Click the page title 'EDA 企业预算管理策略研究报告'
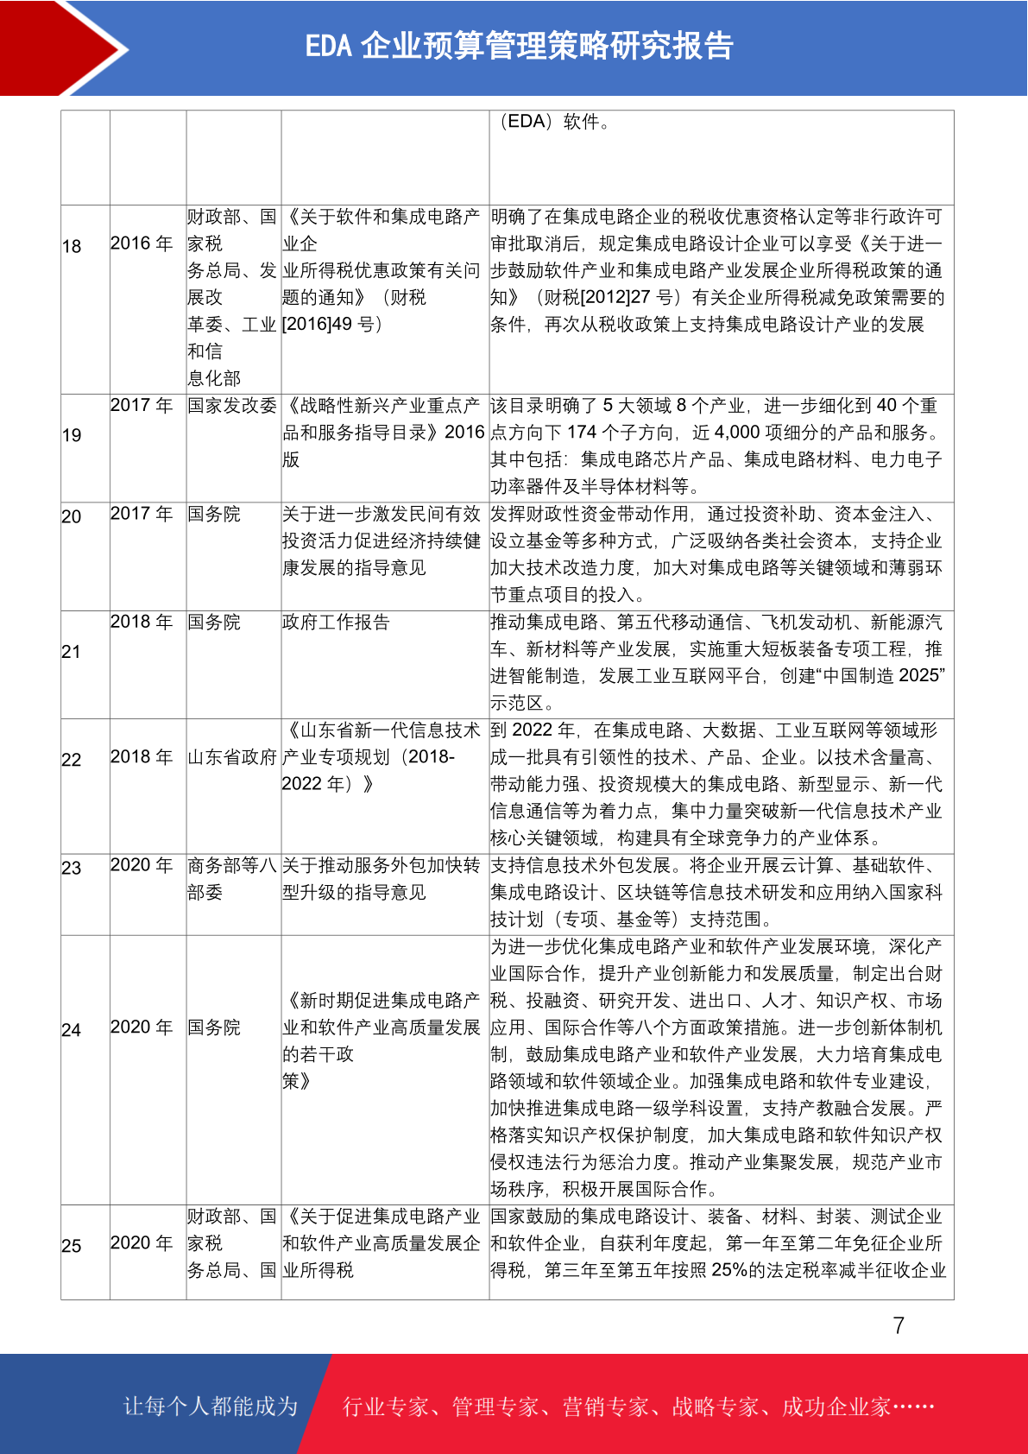click(x=519, y=46)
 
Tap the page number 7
click(x=899, y=1325)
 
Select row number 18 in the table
click(x=72, y=247)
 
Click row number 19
click(x=72, y=435)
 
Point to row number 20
click(x=72, y=516)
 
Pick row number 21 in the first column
click(x=72, y=652)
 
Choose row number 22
click(x=72, y=760)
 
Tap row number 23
click(x=72, y=868)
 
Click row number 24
click(x=72, y=1030)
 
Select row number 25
click(x=72, y=1246)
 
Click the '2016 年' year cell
click(x=142, y=243)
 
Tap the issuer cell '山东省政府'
click(x=232, y=757)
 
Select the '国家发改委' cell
click(x=232, y=406)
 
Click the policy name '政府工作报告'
click(x=336, y=622)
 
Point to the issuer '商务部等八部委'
click(x=232, y=878)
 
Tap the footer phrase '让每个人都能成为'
click(x=211, y=1407)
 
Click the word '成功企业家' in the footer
click(x=836, y=1407)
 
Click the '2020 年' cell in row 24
click(x=142, y=1027)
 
